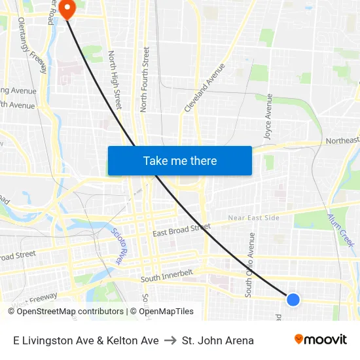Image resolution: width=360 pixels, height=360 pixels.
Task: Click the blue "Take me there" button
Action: [x=180, y=160]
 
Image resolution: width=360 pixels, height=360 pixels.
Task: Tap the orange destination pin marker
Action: [x=67, y=9]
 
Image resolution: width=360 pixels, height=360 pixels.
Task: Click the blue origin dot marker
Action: [x=293, y=299]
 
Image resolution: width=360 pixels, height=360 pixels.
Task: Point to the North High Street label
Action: [x=115, y=80]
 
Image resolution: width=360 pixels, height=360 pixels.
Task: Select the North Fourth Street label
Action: [x=145, y=79]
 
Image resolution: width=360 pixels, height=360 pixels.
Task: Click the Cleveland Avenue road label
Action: [x=204, y=87]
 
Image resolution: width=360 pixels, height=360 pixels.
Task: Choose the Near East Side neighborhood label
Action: [x=253, y=218]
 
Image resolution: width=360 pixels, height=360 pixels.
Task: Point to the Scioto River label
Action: [x=118, y=246]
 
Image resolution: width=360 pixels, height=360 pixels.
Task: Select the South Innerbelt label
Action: [x=168, y=279]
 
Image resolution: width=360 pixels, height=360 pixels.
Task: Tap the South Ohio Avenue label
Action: [x=249, y=265]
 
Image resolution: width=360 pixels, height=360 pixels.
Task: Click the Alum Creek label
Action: [x=340, y=230]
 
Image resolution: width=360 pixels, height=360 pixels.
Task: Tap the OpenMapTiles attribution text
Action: [x=166, y=312]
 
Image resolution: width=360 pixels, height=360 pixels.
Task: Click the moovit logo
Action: [x=320, y=339]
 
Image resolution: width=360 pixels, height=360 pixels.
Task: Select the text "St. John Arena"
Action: [x=218, y=340]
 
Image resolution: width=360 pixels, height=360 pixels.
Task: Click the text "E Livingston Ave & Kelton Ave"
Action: [x=86, y=340]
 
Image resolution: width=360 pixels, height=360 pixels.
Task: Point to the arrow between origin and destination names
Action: [x=170, y=340]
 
